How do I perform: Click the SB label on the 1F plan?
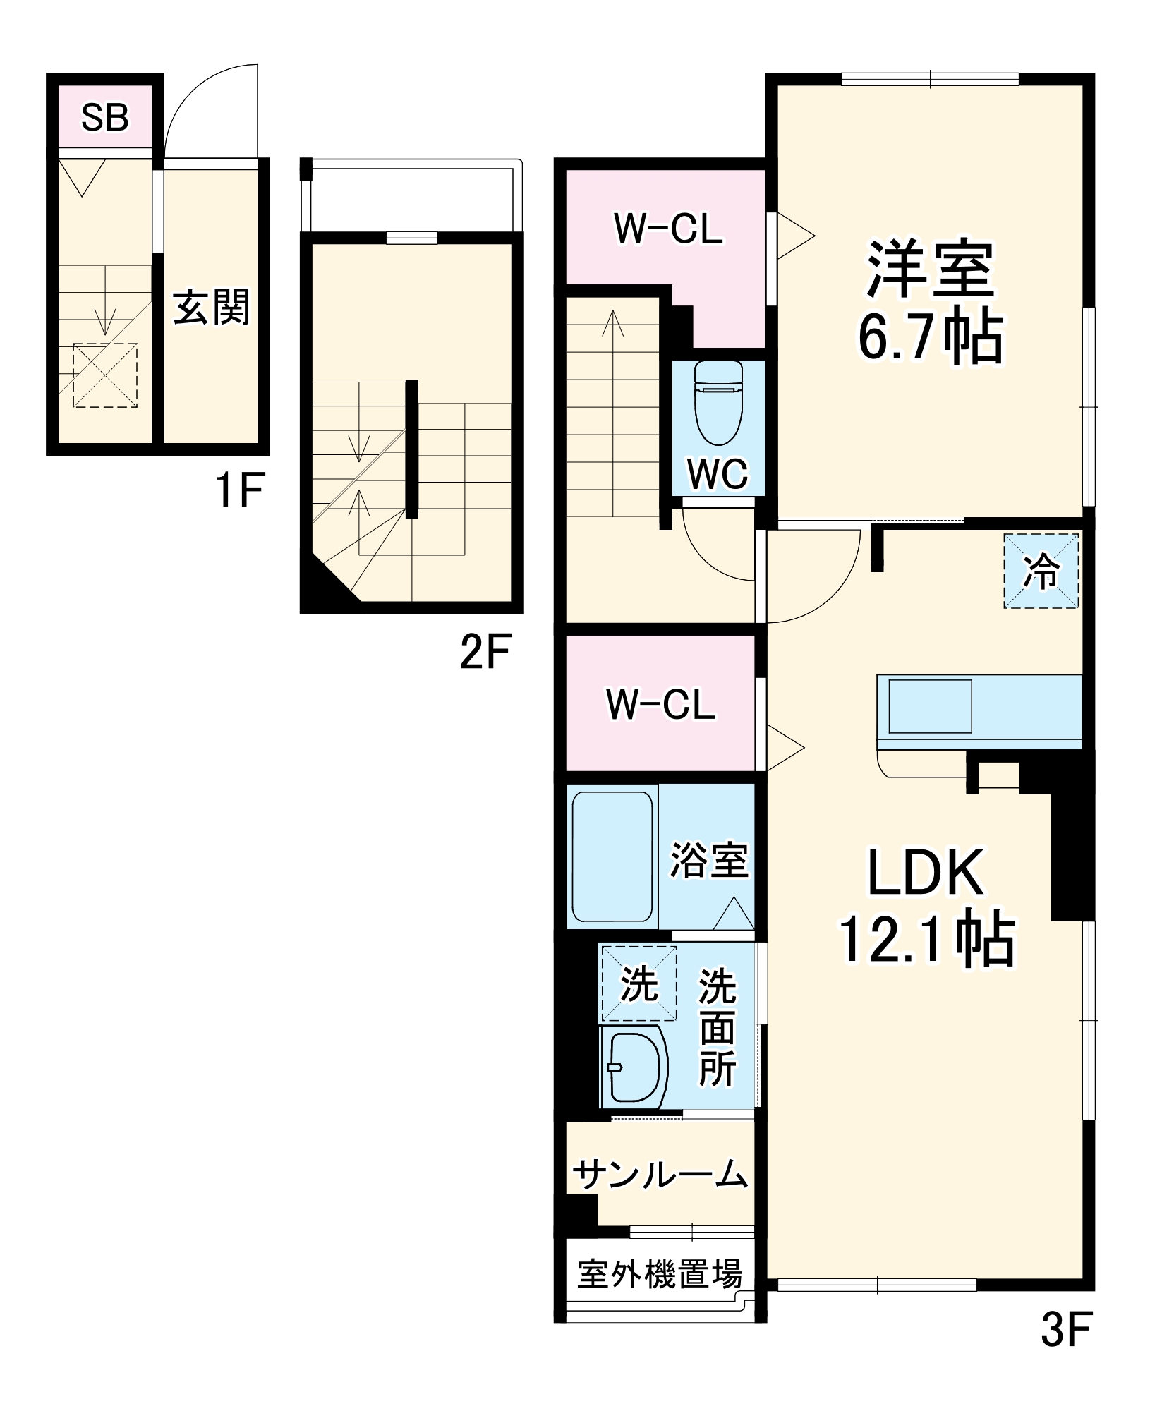click(105, 118)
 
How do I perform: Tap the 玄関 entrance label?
click(212, 308)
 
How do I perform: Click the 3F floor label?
click(1066, 1328)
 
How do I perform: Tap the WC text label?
click(718, 475)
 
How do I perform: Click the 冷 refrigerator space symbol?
click(1041, 571)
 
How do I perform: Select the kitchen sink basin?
click(930, 706)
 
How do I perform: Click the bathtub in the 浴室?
click(612, 856)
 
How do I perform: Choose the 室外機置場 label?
click(660, 1274)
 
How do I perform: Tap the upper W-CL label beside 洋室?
click(668, 229)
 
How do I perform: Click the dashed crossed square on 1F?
click(105, 375)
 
